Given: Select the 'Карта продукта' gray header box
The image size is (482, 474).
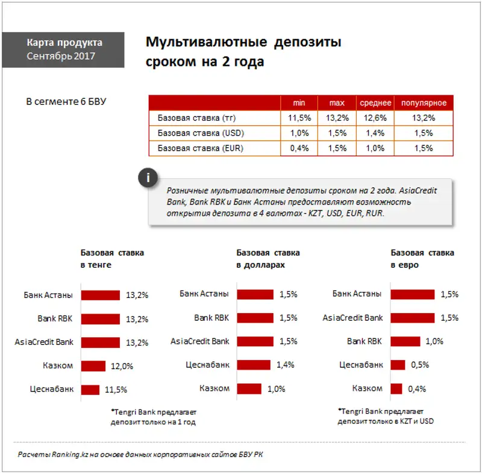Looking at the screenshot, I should tap(64, 49).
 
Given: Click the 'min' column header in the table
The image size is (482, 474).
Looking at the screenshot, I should tap(299, 103).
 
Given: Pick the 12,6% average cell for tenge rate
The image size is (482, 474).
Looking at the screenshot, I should tap(376, 118).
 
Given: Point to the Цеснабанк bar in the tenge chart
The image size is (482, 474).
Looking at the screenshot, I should tap(90, 389).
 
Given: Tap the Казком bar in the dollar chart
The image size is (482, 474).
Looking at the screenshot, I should tap(249, 389).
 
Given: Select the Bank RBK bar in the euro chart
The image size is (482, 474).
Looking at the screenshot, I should tap(405, 341).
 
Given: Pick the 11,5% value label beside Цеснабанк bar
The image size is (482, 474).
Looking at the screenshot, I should tap(116, 390).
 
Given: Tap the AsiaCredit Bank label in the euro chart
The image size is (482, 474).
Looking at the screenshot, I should tap(353, 317).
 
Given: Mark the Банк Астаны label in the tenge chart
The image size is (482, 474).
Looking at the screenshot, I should tap(48, 295).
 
